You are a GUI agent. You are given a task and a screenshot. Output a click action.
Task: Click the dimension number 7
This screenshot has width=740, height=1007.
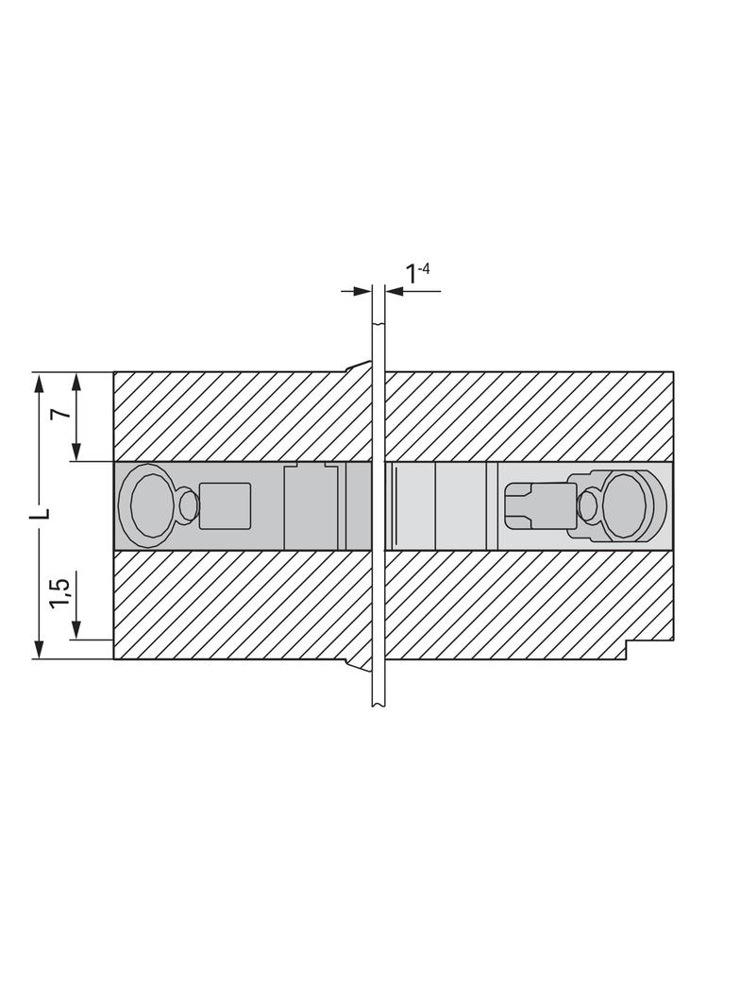(x=61, y=414)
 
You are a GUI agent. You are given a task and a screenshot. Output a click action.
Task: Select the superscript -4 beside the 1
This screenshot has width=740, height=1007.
(x=423, y=267)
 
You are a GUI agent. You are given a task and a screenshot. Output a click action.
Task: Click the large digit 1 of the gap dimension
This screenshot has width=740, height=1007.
(x=411, y=275)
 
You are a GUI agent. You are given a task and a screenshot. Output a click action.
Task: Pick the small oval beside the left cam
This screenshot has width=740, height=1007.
(x=189, y=505)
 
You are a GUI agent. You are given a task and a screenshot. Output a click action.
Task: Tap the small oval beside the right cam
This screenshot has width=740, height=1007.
(x=588, y=505)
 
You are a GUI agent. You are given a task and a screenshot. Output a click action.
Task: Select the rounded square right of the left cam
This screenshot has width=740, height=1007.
(x=225, y=505)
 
